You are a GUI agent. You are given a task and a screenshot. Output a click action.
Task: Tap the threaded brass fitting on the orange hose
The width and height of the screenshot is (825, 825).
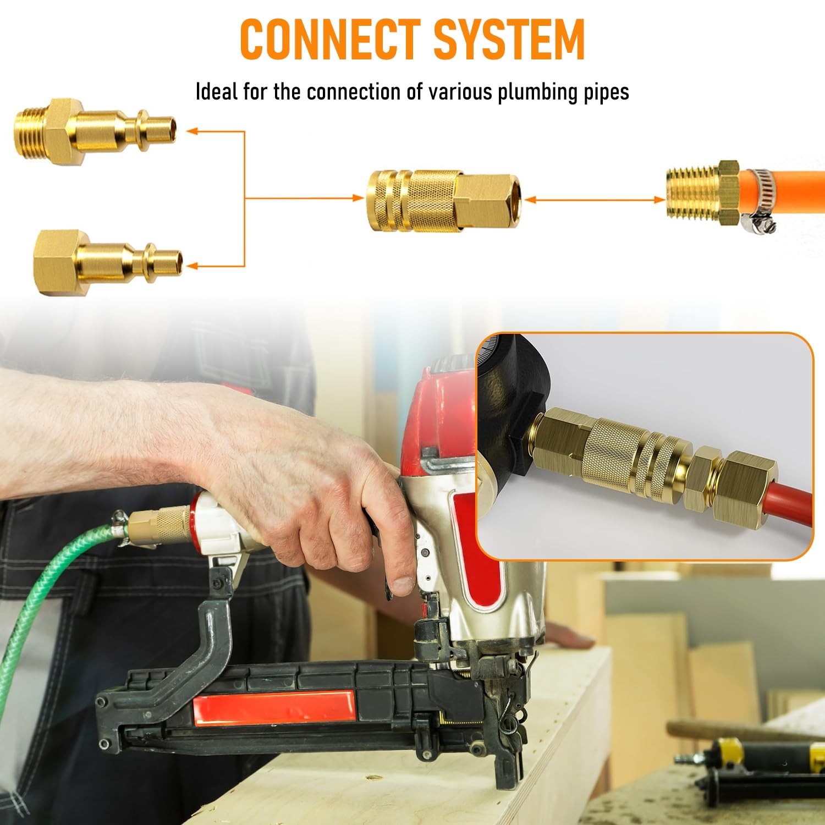coord(702,193)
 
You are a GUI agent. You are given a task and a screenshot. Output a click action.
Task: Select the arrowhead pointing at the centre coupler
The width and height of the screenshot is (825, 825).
coord(358,199)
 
